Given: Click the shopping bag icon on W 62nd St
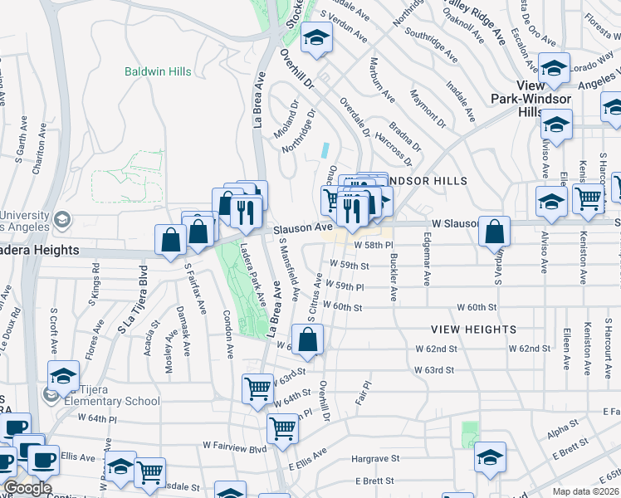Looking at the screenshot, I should click(307, 340).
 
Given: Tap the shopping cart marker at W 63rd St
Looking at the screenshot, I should click(258, 388).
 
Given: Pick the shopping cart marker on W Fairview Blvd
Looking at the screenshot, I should click(283, 429).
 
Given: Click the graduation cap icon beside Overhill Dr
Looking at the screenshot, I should click(316, 38).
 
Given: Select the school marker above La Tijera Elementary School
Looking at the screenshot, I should click(64, 376).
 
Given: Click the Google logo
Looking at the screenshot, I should click(27, 489).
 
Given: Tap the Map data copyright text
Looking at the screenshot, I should click(585, 491).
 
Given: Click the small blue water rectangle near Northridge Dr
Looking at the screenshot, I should click(326, 152).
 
